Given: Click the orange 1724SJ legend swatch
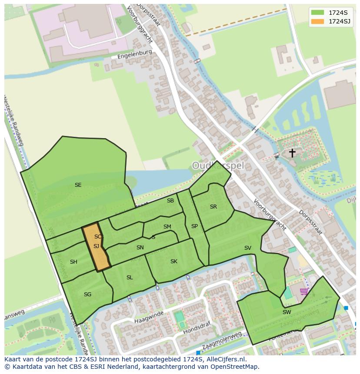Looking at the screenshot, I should (318, 21).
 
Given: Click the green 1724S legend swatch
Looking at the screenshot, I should (318, 12).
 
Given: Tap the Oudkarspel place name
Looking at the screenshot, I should (218, 165).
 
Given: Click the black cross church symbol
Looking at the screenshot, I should (292, 153).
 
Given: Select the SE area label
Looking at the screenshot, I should (78, 185).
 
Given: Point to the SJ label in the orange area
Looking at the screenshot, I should (96, 246).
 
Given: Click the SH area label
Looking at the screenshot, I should (73, 262).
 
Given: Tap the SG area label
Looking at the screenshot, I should (87, 295).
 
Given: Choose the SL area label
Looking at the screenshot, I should (130, 278).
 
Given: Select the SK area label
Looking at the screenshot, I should (174, 261).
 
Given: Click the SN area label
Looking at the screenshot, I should (140, 248).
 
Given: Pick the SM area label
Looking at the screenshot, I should (167, 227).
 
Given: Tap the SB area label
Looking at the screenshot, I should (170, 201).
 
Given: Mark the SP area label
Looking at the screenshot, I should (194, 226).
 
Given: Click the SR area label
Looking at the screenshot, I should (213, 207).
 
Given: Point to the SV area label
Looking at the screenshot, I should (247, 248).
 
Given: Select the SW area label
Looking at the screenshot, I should (287, 312).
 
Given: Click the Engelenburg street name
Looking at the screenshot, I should (135, 54).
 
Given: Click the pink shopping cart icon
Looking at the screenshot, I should (304, 291).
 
